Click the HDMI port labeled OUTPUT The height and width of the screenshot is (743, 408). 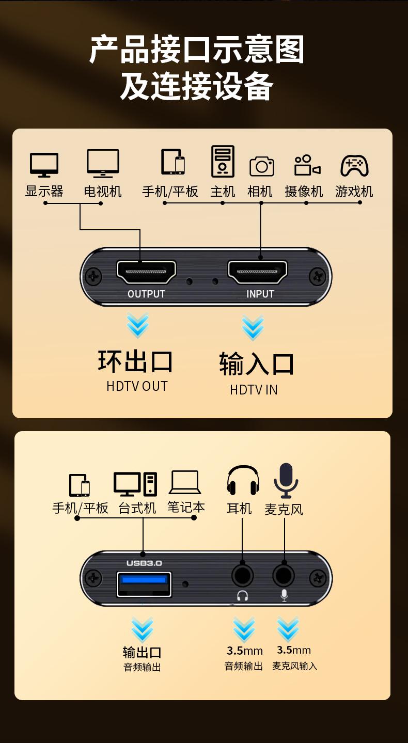click(146, 272)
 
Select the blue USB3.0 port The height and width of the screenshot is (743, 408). click(144, 584)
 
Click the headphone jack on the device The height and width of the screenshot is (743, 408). click(243, 576)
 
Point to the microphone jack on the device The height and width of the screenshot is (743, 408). click(284, 576)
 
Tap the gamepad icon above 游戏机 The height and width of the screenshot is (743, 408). click(354, 165)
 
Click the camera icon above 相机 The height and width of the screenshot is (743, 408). click(262, 166)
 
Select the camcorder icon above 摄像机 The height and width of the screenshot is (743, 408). click(307, 165)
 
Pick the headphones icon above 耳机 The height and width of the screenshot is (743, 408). click(243, 480)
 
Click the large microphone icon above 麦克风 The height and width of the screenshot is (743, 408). click(286, 481)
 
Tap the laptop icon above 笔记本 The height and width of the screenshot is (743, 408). click(185, 482)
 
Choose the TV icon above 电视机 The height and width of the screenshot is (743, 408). click(103, 164)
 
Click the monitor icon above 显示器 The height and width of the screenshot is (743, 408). click(44, 165)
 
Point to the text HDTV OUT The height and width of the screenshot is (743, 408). click(137, 386)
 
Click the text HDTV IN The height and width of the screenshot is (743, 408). click(254, 390)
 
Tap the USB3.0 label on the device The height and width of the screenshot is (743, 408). click(144, 563)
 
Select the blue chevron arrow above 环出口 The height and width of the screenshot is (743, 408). click(138, 325)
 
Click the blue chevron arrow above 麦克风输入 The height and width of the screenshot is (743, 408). click(288, 629)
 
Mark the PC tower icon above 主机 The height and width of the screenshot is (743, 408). click(223, 161)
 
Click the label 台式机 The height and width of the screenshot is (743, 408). click(137, 508)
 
